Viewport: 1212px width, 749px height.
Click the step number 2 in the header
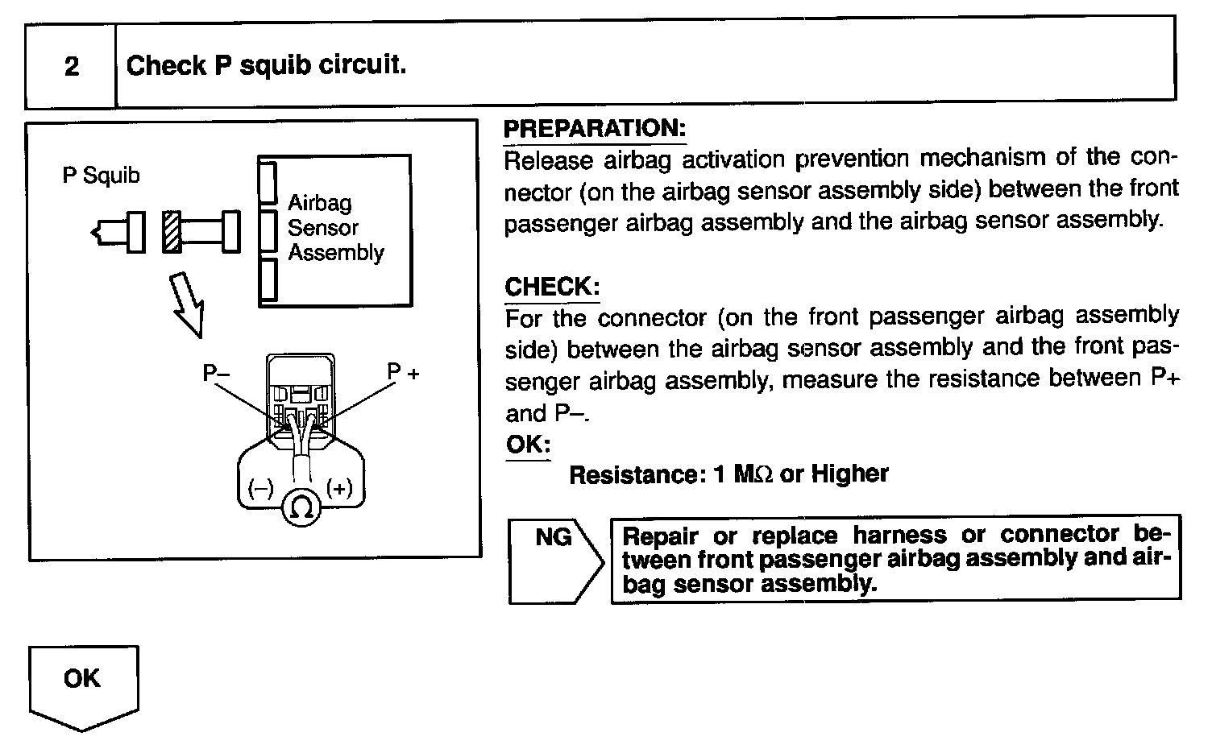[72, 66]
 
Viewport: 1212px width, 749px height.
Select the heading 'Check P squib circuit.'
[266, 64]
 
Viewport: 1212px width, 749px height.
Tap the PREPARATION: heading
[594, 128]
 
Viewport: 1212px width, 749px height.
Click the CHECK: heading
[552, 287]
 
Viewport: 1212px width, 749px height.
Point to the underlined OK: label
[528, 445]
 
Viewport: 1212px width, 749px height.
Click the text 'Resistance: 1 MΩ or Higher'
[728, 474]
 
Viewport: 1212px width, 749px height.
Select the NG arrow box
[555, 559]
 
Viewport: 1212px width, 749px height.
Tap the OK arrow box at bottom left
[83, 685]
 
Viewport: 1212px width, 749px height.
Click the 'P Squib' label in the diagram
[101, 176]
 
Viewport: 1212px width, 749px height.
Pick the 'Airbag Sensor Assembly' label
[335, 227]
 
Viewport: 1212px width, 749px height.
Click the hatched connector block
[171, 232]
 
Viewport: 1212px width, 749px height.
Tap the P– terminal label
[215, 373]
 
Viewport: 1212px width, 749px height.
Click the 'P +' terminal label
[403, 372]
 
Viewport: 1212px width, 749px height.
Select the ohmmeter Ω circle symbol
[301, 508]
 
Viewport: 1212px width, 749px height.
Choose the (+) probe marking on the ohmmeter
[339, 488]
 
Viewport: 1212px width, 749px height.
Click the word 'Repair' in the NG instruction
[661, 536]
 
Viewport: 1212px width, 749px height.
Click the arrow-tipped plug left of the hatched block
[119, 232]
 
